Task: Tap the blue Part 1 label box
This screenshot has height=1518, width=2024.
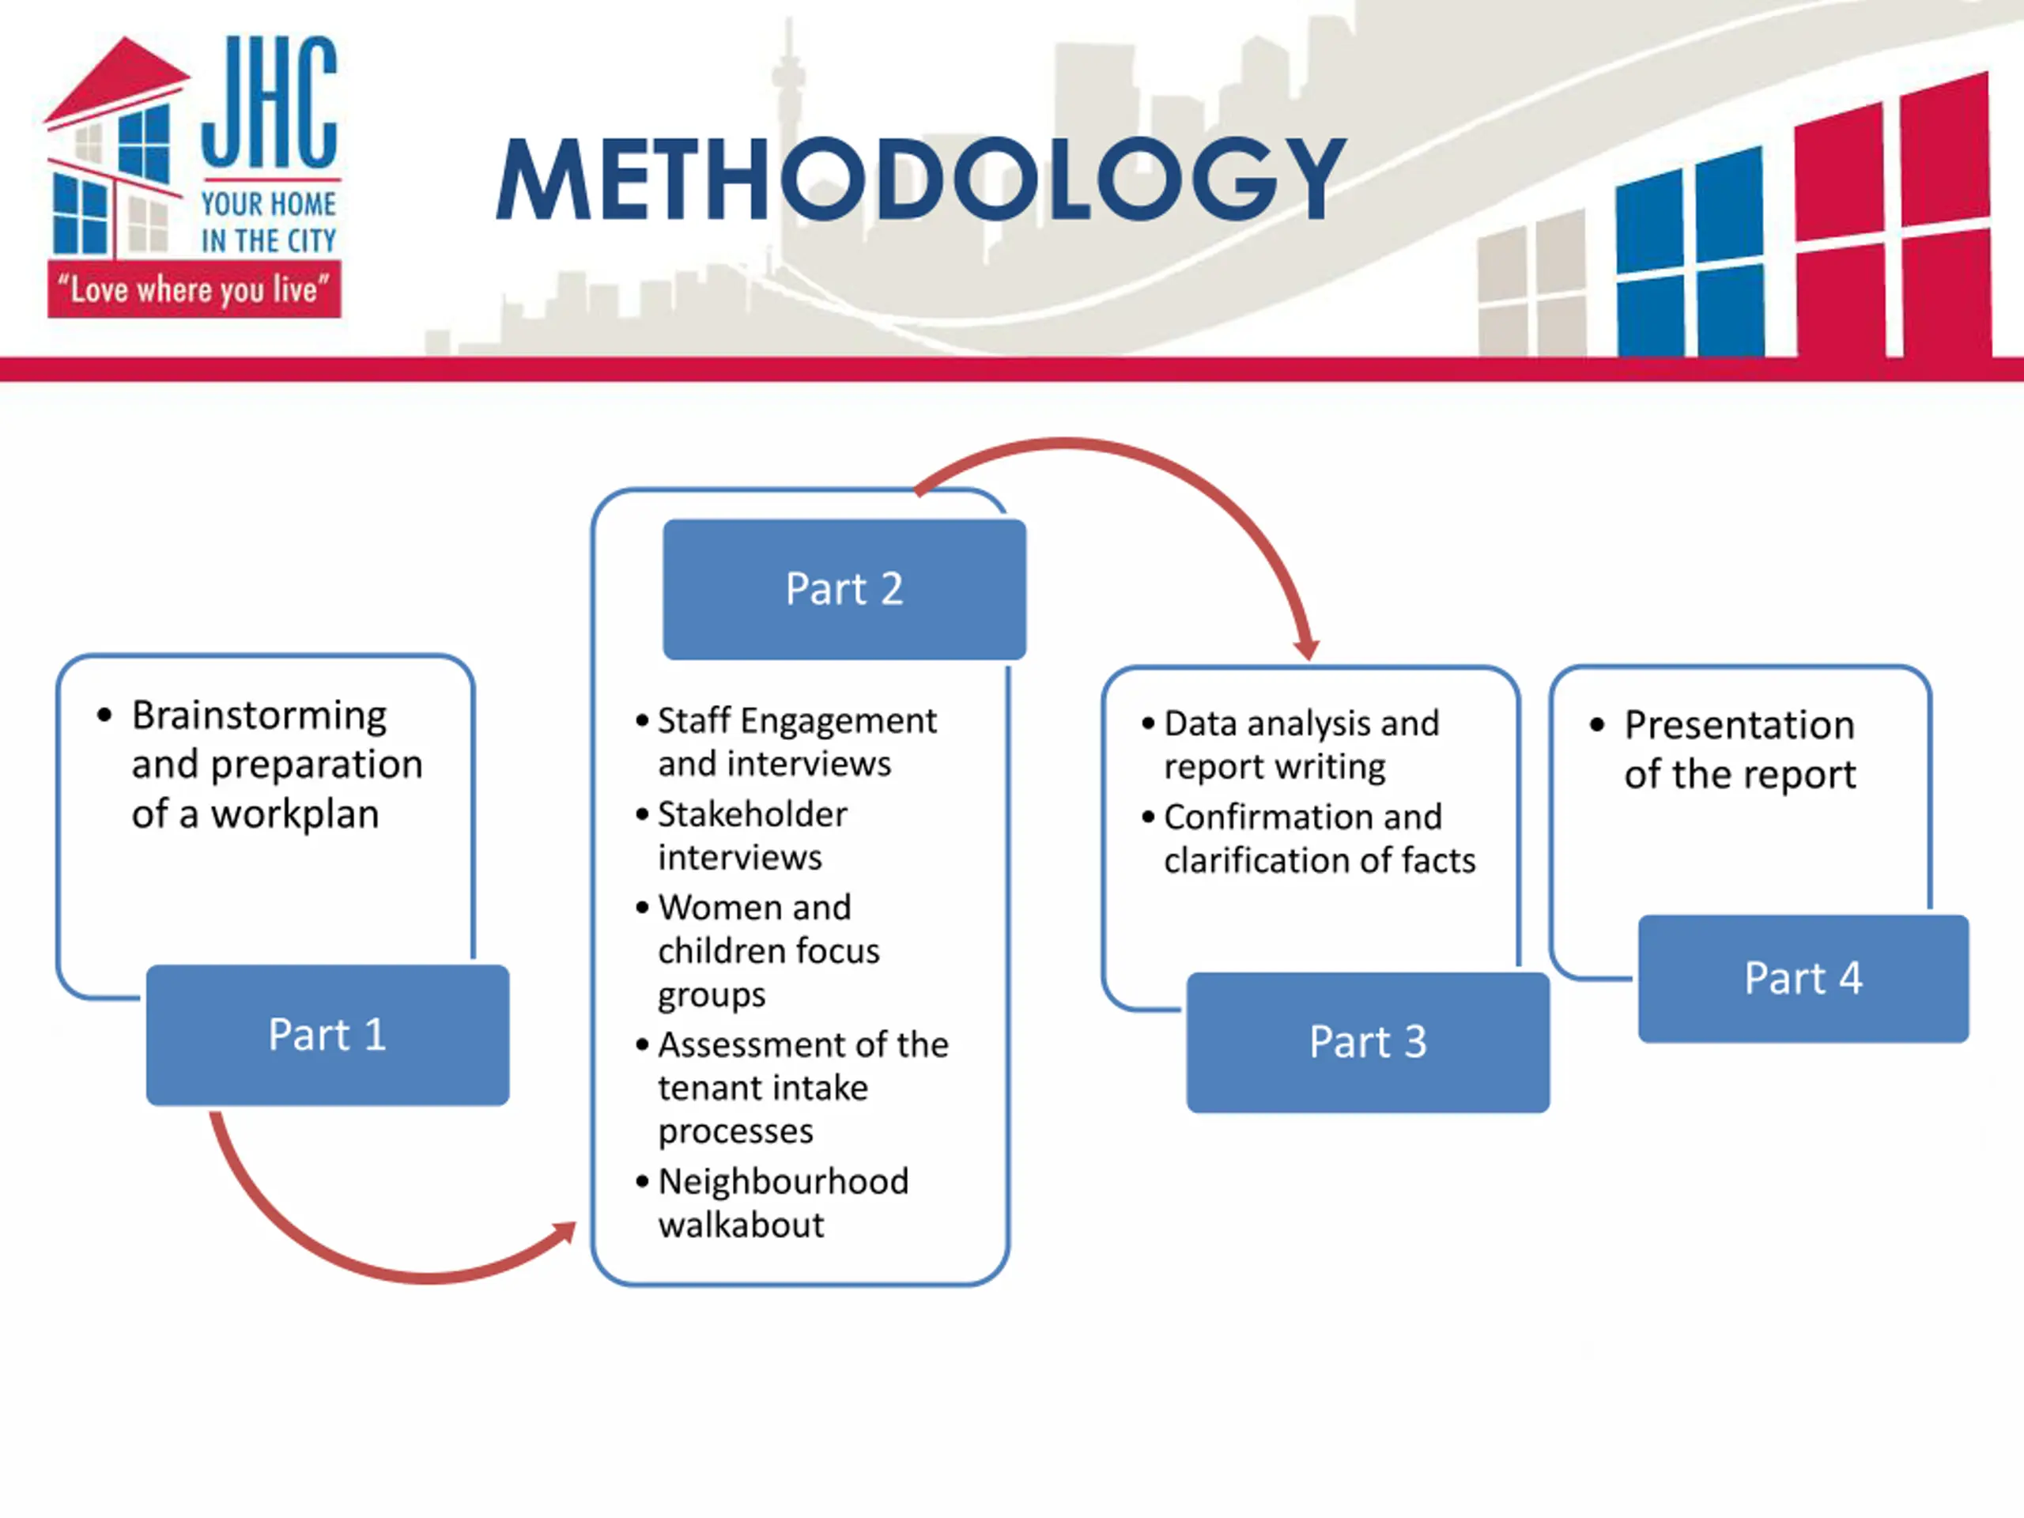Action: (327, 1035)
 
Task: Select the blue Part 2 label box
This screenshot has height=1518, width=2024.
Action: (844, 589)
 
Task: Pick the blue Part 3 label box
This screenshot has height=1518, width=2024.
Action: (1367, 1042)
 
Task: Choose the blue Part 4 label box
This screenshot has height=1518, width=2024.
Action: (1803, 978)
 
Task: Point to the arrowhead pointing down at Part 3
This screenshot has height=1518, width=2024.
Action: (1307, 648)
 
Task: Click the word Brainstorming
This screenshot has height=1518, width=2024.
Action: (259, 716)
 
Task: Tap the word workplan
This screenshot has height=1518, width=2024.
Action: (295, 814)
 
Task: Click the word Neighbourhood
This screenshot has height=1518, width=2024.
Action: (784, 1181)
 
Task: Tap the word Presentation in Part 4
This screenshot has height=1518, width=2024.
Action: (1739, 726)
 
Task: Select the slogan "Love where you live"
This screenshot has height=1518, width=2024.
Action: (194, 290)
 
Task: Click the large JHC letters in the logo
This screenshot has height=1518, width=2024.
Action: (269, 103)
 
